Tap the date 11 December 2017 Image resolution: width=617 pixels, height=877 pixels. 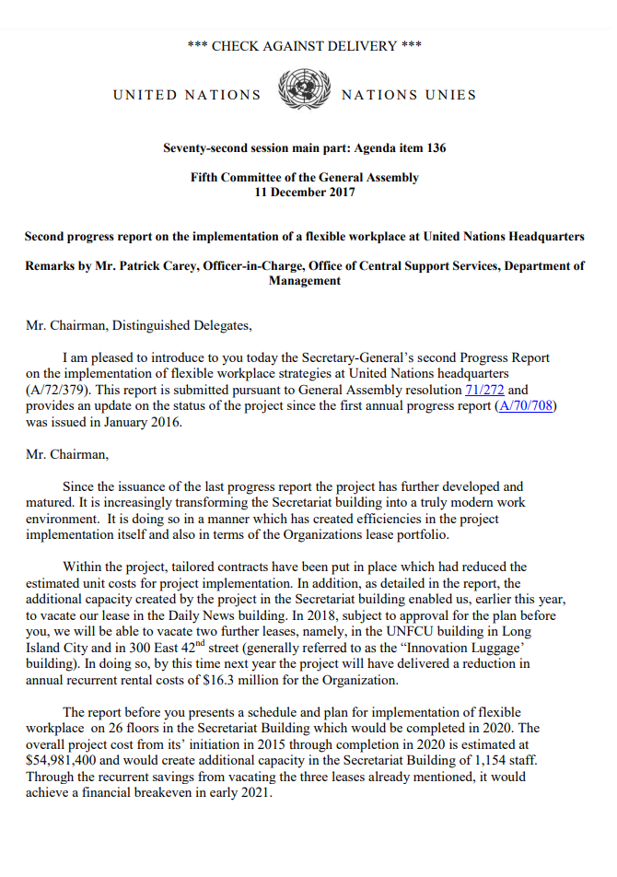coord(305,192)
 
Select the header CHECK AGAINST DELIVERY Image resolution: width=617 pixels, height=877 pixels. coord(304,46)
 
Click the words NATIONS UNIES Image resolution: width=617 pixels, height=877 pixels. coord(409,95)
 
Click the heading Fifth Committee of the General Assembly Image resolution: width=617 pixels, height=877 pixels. coord(305,177)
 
